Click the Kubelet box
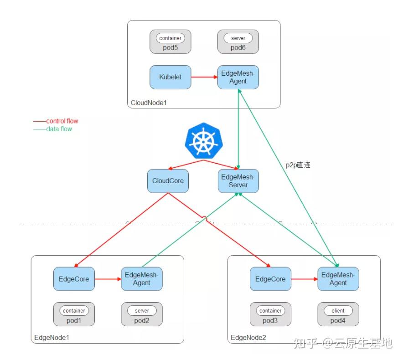click(x=170, y=77)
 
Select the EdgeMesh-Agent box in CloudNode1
click(x=238, y=77)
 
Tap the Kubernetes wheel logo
click(x=203, y=140)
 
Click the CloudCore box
click(x=168, y=181)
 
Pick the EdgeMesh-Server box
click(x=238, y=181)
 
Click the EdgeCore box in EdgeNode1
click(x=74, y=279)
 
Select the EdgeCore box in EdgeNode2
click(x=270, y=279)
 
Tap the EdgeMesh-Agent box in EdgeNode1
click(x=141, y=279)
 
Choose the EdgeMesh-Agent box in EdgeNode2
click(x=338, y=279)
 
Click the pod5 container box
click(x=170, y=42)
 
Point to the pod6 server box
click(x=238, y=42)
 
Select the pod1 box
click(x=74, y=314)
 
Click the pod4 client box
click(x=338, y=314)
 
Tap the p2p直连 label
click(x=298, y=165)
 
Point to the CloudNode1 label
click(x=149, y=103)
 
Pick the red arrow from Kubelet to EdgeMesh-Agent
click(x=204, y=77)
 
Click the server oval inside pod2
click(x=141, y=311)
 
